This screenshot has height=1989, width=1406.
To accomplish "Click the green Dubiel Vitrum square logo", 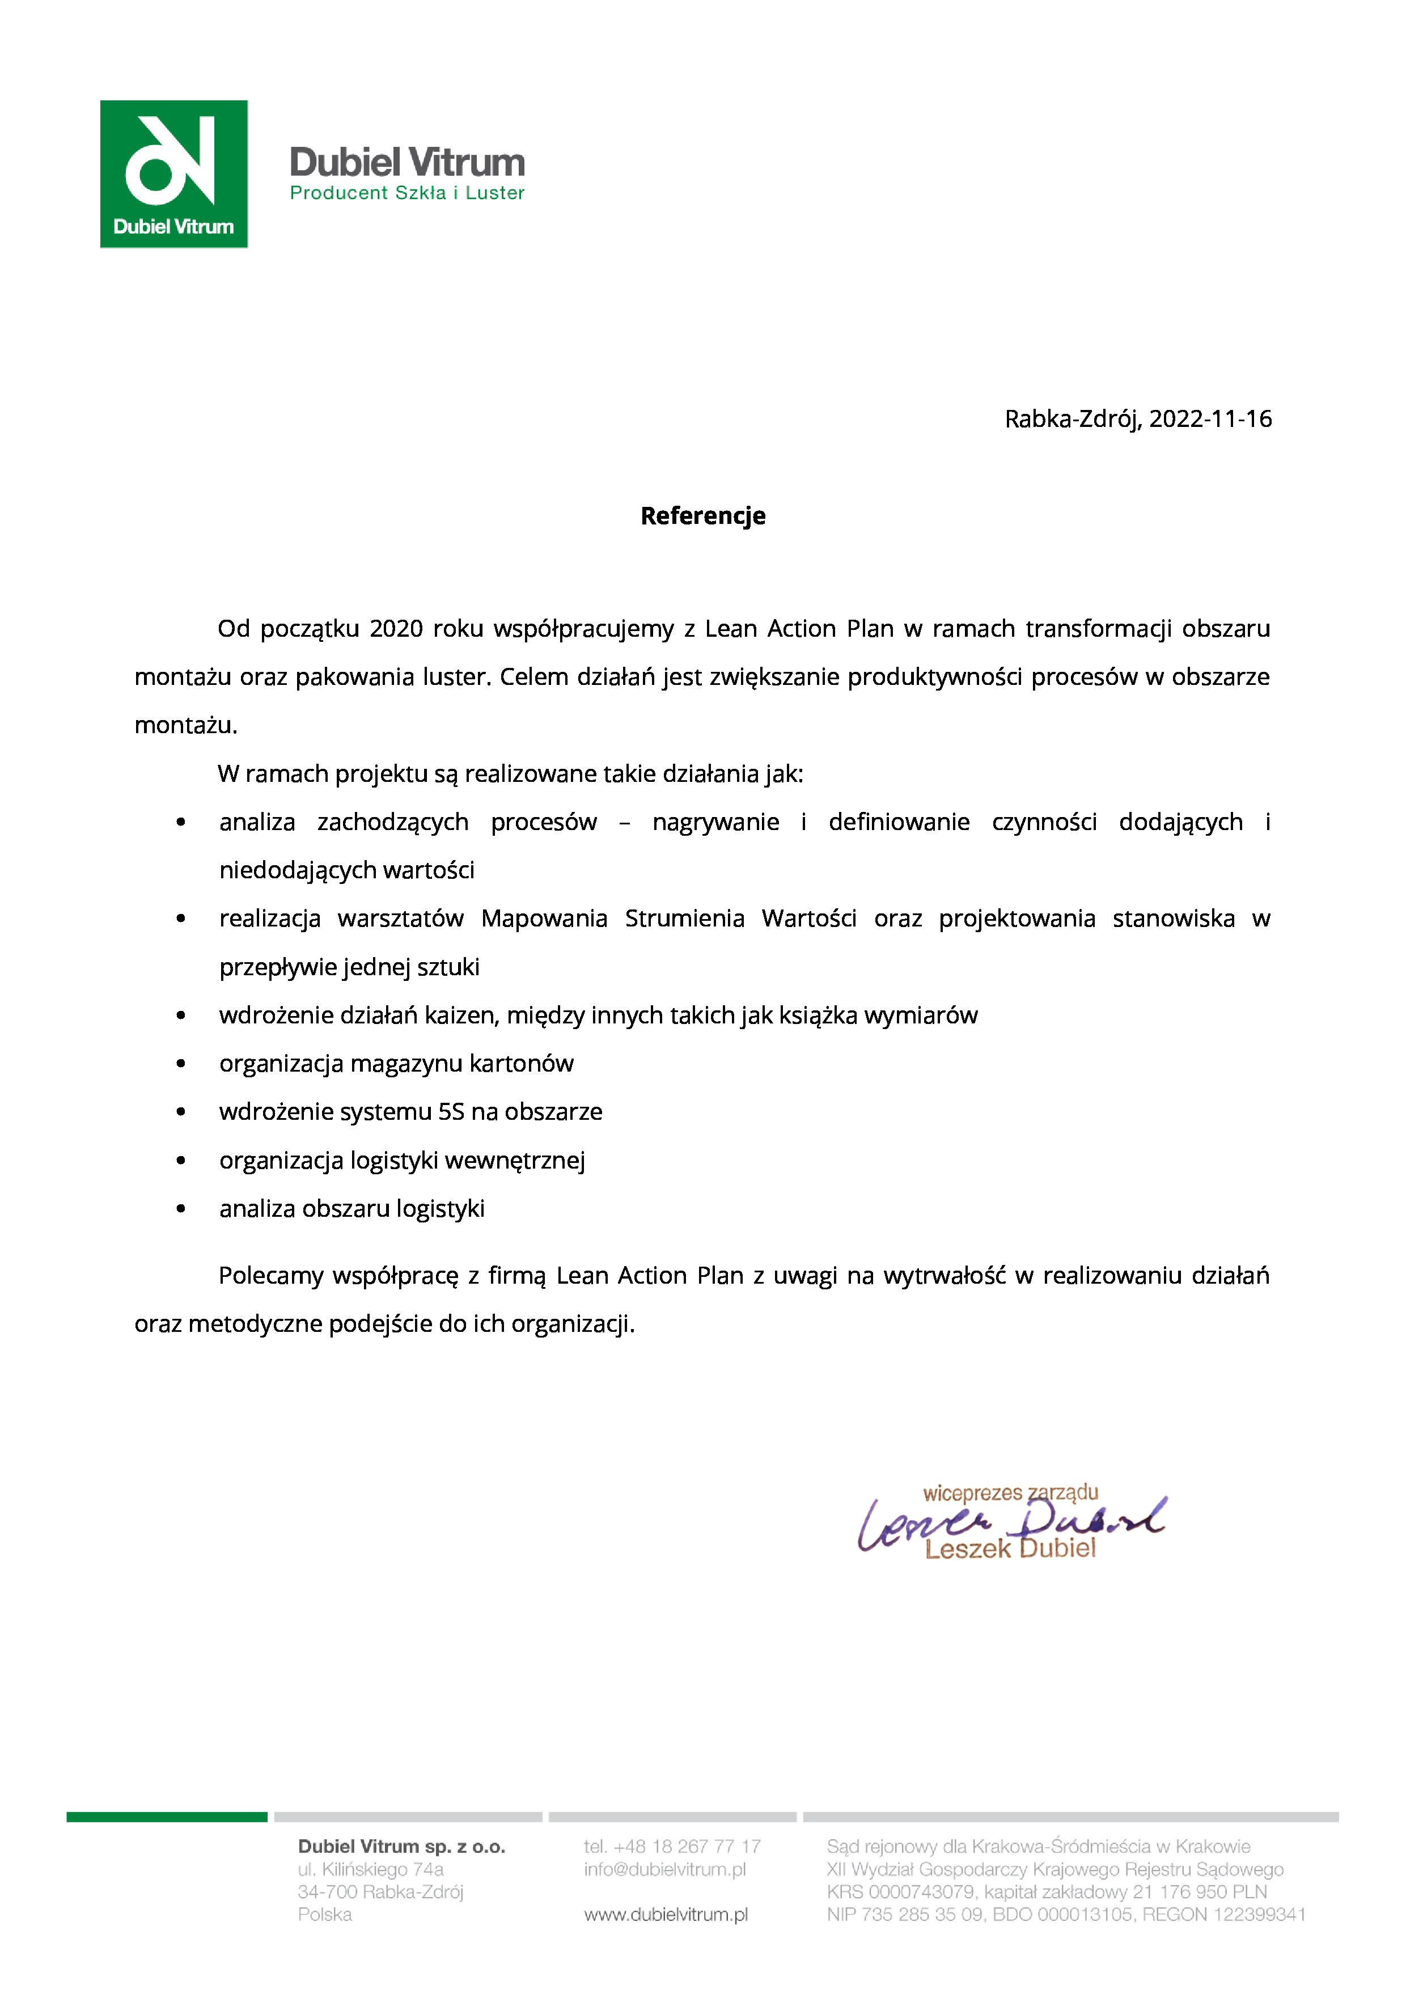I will (x=173, y=173).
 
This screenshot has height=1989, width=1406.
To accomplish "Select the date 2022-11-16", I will (x=1210, y=419).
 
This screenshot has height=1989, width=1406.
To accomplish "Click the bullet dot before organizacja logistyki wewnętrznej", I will (x=180, y=1161).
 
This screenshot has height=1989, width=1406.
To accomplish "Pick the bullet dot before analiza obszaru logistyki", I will (x=180, y=1209).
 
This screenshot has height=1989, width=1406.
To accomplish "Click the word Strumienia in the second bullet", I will (x=684, y=919).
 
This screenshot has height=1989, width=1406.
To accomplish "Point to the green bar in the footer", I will (x=166, y=1817).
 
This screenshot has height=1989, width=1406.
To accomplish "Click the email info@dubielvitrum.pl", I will (x=664, y=1869).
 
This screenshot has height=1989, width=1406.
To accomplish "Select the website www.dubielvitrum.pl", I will (x=666, y=1914).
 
